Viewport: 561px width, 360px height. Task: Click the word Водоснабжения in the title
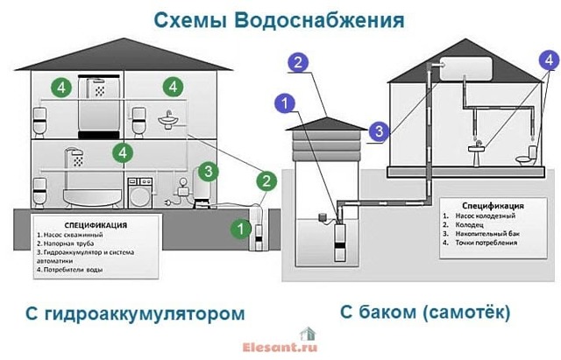click(x=319, y=21)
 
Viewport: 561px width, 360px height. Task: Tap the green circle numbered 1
click(x=241, y=229)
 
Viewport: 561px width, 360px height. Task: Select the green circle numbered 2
click(x=266, y=181)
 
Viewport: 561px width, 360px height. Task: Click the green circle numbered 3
click(x=209, y=172)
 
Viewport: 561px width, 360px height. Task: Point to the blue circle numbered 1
click(x=285, y=103)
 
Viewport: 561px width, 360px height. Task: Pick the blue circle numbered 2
click(x=298, y=62)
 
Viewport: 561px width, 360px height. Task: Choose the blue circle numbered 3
click(x=380, y=131)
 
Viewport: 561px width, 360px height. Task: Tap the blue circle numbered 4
click(x=550, y=60)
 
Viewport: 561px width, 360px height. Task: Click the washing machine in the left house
click(x=140, y=193)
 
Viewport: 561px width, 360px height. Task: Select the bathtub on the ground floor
click(x=92, y=199)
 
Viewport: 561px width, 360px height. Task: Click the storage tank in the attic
click(x=465, y=68)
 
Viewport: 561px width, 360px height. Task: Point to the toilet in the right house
click(x=528, y=156)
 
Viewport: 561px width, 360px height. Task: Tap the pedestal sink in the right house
click(x=477, y=154)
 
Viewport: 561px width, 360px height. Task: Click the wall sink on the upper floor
click(x=167, y=120)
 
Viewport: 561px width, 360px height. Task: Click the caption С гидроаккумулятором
click(x=135, y=314)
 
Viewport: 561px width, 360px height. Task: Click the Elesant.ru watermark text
click(x=280, y=347)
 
